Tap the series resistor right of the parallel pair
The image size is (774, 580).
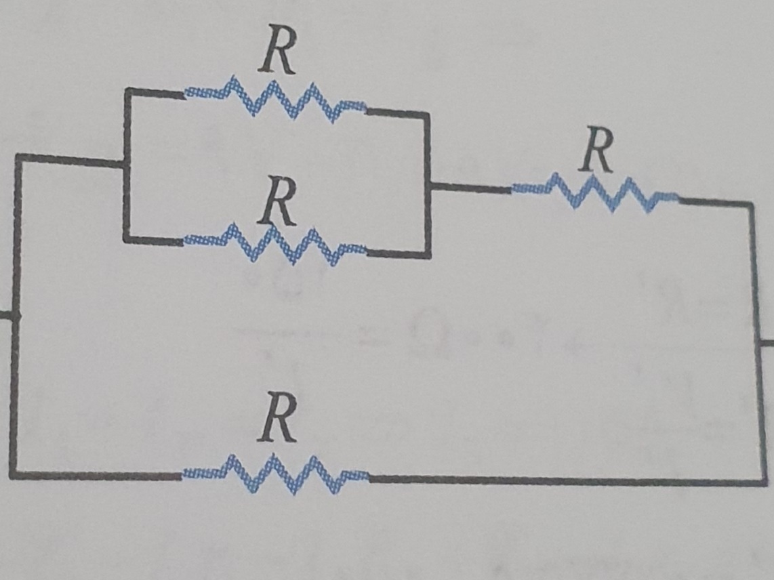594,192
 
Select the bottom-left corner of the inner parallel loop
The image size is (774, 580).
126,239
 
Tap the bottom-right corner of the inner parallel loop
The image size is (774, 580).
428,256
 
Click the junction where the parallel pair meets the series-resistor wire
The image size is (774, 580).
428,184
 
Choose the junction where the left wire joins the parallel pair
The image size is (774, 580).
125,163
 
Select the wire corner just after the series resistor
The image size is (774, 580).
751,203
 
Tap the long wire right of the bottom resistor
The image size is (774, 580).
563,480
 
